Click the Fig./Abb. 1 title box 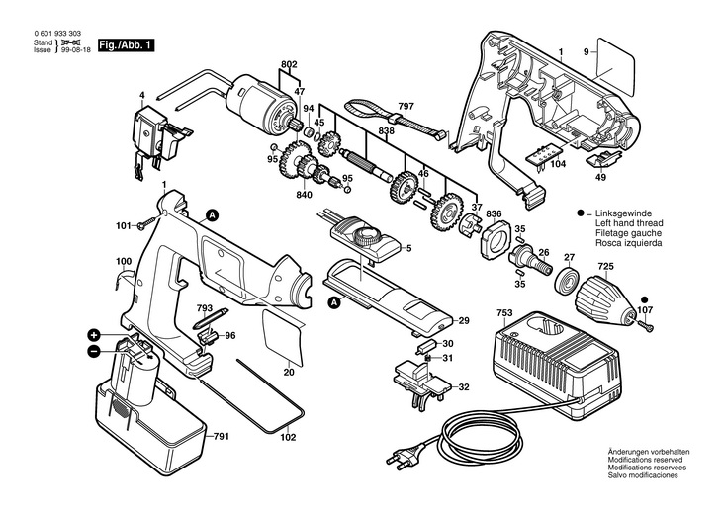126,45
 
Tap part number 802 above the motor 289,64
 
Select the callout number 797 406,106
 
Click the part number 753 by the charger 504,313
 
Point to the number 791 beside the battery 221,436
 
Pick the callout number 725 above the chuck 606,267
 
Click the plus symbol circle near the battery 94,335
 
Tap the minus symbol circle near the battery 93,352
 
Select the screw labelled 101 147,224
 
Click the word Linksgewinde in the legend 623,213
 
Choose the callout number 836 494,214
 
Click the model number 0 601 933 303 57,34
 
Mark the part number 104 558,164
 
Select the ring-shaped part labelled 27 566,281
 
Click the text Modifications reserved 645,460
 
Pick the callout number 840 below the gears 304,195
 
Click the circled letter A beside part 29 333,302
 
